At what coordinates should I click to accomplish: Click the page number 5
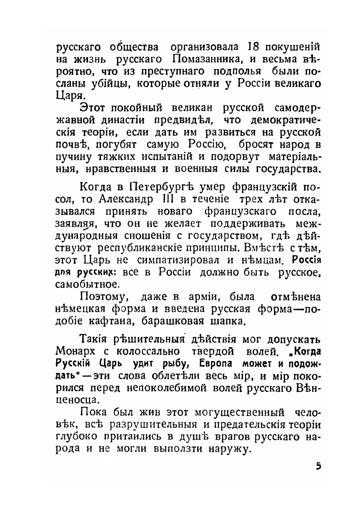tap(318, 466)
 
